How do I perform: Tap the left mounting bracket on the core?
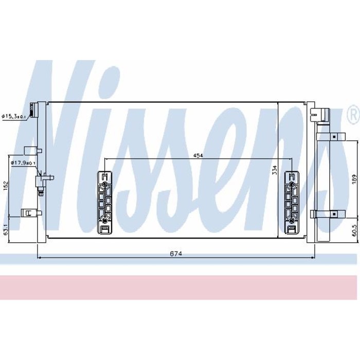104,203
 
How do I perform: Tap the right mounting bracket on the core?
291,203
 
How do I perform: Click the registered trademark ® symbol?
353,114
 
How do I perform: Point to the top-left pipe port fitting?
34,110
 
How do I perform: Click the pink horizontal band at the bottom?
180,288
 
